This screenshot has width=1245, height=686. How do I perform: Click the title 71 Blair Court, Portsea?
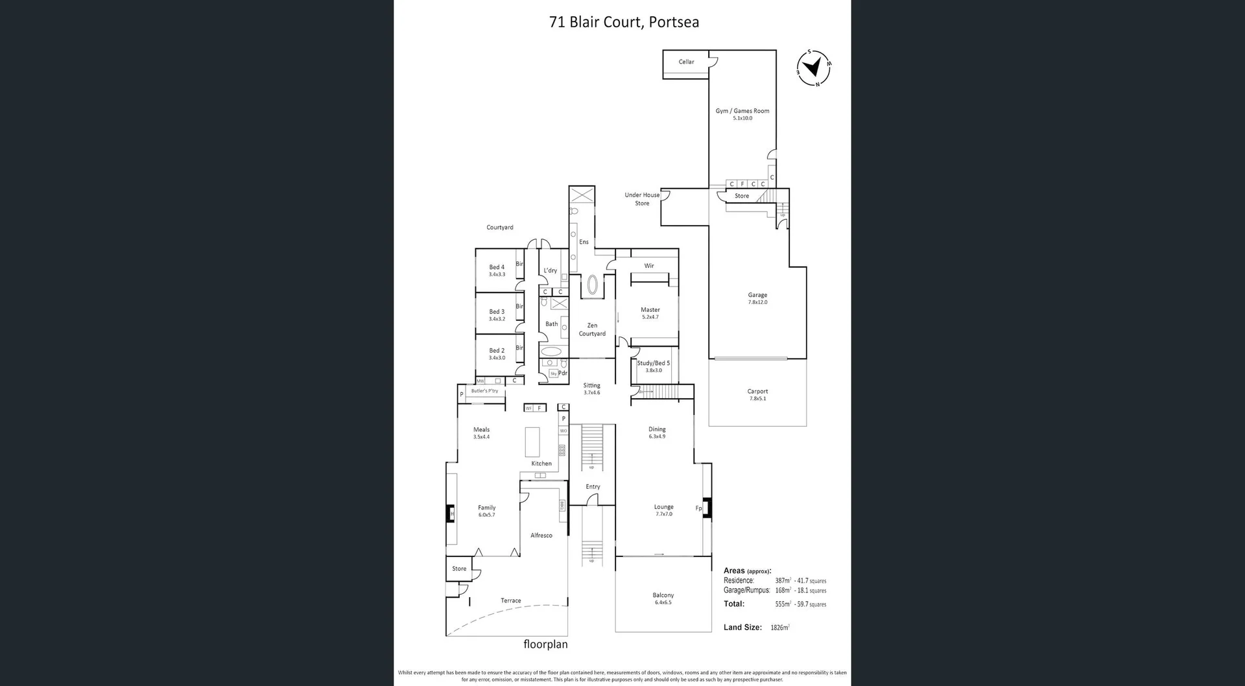pos(624,22)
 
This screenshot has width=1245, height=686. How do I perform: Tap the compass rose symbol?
pos(813,67)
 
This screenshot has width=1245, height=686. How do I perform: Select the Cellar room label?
pos(686,62)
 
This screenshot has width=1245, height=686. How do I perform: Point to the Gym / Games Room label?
pos(742,112)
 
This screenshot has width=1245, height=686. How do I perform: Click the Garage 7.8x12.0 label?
pos(757,298)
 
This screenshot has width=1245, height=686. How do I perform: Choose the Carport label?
pos(757,392)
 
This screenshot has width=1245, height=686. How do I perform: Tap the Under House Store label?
pos(642,199)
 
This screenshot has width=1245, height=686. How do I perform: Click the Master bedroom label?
pos(650,310)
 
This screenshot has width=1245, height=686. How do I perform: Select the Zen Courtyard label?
pos(592,329)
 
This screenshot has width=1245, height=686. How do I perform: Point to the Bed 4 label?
pos(497,267)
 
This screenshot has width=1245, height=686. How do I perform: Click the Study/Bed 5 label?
pos(653,363)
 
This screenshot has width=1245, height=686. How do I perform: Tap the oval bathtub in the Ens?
pos(592,285)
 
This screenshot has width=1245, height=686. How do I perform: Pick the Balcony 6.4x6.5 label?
pos(663,595)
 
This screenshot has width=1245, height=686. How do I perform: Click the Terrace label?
pos(510,600)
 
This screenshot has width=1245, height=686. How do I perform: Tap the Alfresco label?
pos(541,536)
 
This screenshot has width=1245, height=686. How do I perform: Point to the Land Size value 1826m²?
pos(779,628)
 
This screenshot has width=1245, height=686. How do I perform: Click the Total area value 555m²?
pos(783,604)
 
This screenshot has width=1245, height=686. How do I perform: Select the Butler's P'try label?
pos(484,391)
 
